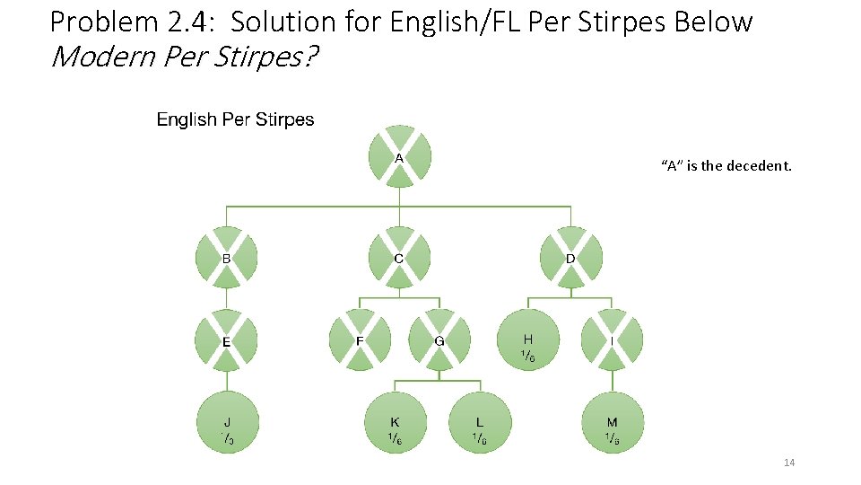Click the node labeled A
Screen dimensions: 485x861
pyautogui.click(x=400, y=157)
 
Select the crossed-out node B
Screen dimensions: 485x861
pyautogui.click(x=226, y=258)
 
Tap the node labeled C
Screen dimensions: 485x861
pyautogui.click(x=399, y=258)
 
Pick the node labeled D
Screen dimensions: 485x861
pyautogui.click(x=570, y=258)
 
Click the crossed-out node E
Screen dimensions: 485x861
pyautogui.click(x=226, y=341)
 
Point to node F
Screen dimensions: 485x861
pyautogui.click(x=360, y=341)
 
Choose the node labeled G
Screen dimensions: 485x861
pyautogui.click(x=439, y=341)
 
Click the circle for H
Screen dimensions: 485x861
pyautogui.click(x=528, y=341)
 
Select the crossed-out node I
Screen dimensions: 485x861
pyautogui.click(x=612, y=341)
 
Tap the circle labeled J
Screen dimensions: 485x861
pyautogui.click(x=227, y=423)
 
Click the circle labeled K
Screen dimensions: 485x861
pyautogui.click(x=395, y=423)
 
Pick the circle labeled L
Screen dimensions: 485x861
pyautogui.click(x=480, y=423)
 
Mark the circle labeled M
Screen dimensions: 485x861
pyautogui.click(x=612, y=423)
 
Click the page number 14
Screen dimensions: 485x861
pyautogui.click(x=789, y=463)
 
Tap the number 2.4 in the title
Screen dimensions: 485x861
pyautogui.click(x=179, y=21)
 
